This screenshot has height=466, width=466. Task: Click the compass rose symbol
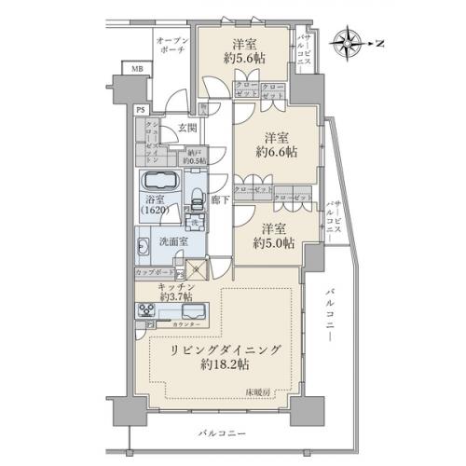[351, 42]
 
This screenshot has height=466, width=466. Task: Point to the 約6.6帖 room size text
[277, 151]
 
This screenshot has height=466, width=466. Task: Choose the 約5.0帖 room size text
[277, 241]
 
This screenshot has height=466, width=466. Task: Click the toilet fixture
[196, 202]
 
